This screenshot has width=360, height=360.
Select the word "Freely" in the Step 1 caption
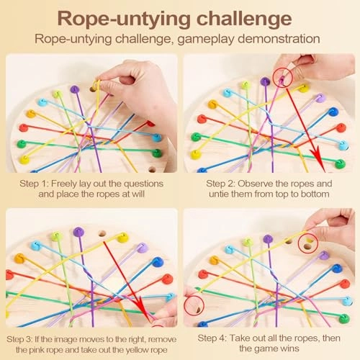[75, 183]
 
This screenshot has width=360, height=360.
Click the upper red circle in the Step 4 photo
[308, 246]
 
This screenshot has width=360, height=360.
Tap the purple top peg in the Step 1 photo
[74, 89]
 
